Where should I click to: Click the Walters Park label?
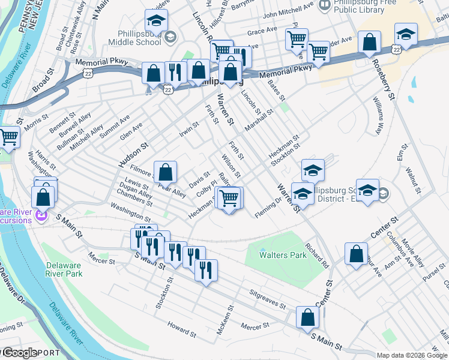[x=283, y=255]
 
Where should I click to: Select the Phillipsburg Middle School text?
[x=134, y=37]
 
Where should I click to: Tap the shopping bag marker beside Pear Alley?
[x=166, y=172]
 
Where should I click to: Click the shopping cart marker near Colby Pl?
[x=229, y=197]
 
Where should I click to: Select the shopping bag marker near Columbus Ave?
[x=357, y=253]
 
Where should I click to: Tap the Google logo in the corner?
[x=20, y=353]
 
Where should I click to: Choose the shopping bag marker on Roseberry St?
[x=369, y=43]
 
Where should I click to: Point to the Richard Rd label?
[x=317, y=255]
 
